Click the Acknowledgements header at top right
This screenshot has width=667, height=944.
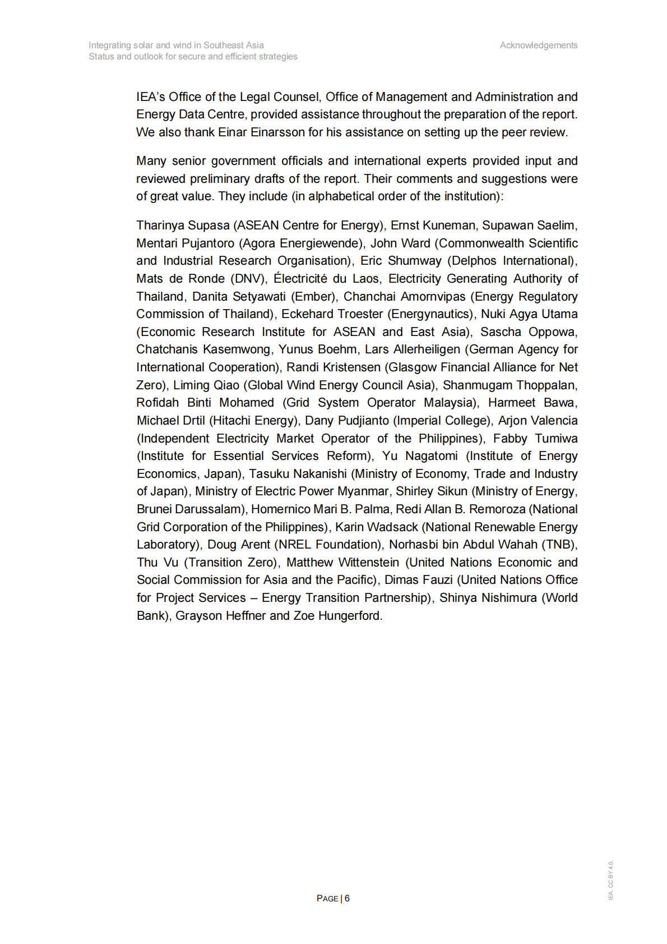[x=538, y=45]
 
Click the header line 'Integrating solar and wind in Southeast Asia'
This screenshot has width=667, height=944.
[x=176, y=45]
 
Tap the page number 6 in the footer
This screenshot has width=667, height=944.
[x=347, y=898]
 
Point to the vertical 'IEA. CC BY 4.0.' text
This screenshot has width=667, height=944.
[x=610, y=879]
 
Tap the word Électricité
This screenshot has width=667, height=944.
[x=300, y=279]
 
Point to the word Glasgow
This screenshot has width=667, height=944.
[x=415, y=367]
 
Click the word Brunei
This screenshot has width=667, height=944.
[x=154, y=509]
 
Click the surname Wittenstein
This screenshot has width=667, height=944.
[x=368, y=563]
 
